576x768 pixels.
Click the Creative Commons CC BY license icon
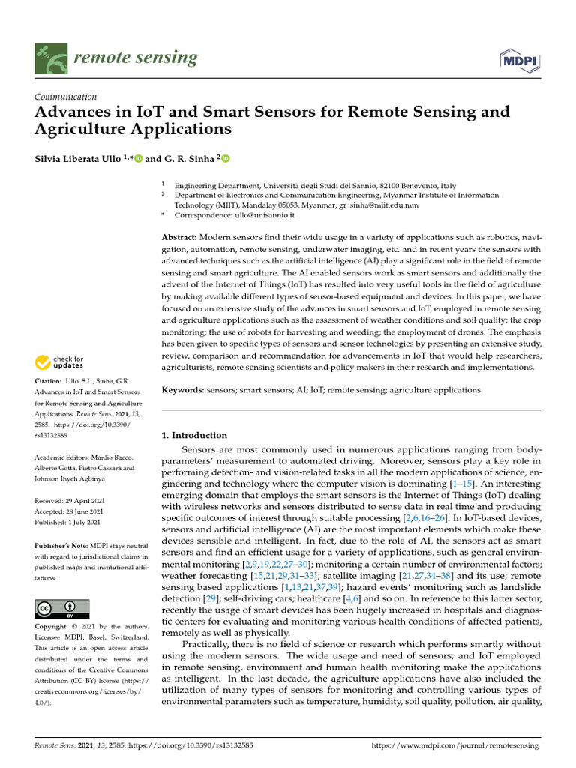tap(62, 609)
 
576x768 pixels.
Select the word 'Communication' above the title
tap(66, 97)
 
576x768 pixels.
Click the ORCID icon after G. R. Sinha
tap(225, 159)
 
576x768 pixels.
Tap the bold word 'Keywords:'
tap(182, 390)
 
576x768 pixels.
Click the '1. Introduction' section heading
tap(194, 435)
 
